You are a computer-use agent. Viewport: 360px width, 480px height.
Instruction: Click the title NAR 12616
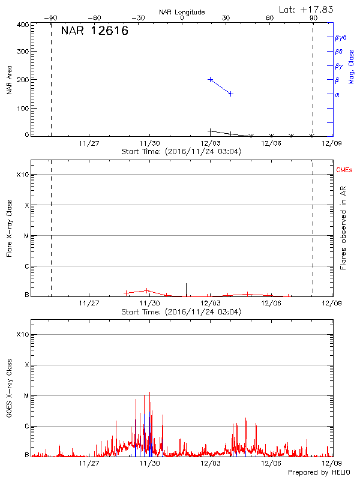(95, 32)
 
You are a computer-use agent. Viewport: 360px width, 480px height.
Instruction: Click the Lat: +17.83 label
(307, 9)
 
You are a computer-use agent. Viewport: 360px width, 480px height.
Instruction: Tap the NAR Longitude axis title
(182, 12)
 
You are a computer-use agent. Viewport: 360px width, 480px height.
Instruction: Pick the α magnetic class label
(337, 94)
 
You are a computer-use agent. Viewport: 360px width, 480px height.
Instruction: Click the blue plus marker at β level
(211, 79)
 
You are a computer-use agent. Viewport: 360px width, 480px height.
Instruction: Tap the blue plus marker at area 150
(230, 94)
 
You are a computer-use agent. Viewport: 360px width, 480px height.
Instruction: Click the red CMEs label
(345, 170)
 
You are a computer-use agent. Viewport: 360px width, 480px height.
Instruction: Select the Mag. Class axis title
(352, 66)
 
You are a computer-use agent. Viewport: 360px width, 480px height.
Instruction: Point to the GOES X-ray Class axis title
(9, 390)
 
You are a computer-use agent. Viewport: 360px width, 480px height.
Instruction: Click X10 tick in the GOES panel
(22, 334)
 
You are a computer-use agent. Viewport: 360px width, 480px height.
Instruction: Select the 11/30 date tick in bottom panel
(149, 463)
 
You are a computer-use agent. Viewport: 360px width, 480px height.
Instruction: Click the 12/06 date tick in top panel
(271, 143)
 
